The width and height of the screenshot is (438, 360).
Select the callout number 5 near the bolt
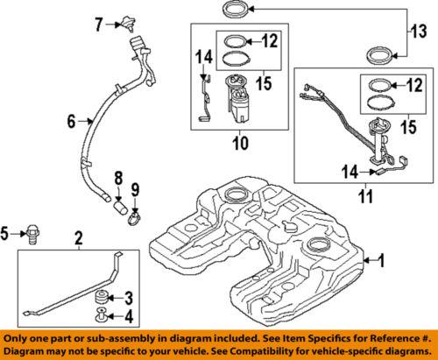8,233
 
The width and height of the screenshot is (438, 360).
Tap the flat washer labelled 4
102,316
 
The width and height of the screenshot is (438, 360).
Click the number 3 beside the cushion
127,297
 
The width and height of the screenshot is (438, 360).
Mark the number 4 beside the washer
127,316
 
